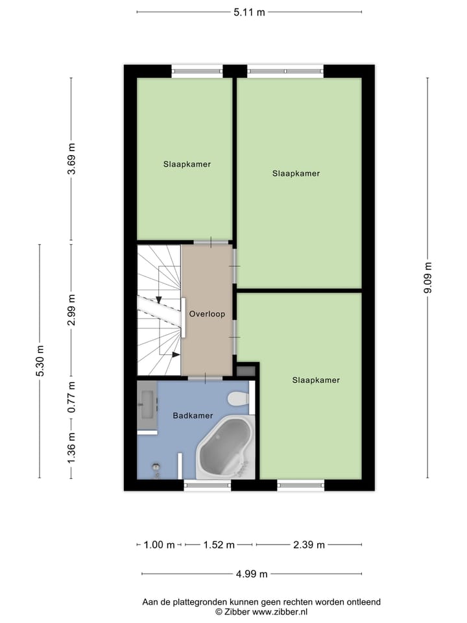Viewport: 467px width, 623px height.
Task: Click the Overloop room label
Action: click(x=207, y=314)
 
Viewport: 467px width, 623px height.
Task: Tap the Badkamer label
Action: click(x=193, y=415)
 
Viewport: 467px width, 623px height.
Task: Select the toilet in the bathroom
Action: click(x=237, y=400)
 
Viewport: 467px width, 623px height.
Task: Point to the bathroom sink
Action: click(x=147, y=406)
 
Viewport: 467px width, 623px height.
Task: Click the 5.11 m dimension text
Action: click(x=249, y=12)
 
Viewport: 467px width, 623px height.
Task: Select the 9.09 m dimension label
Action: click(x=427, y=278)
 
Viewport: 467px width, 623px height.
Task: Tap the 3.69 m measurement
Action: click(x=72, y=159)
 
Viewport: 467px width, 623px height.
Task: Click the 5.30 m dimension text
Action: click(x=40, y=361)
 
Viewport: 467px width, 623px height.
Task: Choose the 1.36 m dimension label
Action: click(x=72, y=446)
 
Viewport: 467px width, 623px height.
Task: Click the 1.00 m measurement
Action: click(x=159, y=545)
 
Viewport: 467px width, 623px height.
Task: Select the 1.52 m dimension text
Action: click(x=219, y=545)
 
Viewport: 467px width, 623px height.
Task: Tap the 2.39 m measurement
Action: click(x=309, y=545)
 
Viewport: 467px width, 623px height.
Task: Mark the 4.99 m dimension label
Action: click(x=252, y=574)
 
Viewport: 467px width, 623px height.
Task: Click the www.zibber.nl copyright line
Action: click(x=261, y=611)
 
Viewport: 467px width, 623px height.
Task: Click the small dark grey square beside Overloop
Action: click(x=246, y=371)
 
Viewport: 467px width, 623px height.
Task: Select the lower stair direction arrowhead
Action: click(x=176, y=354)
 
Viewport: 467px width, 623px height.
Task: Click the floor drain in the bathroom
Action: click(x=156, y=467)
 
